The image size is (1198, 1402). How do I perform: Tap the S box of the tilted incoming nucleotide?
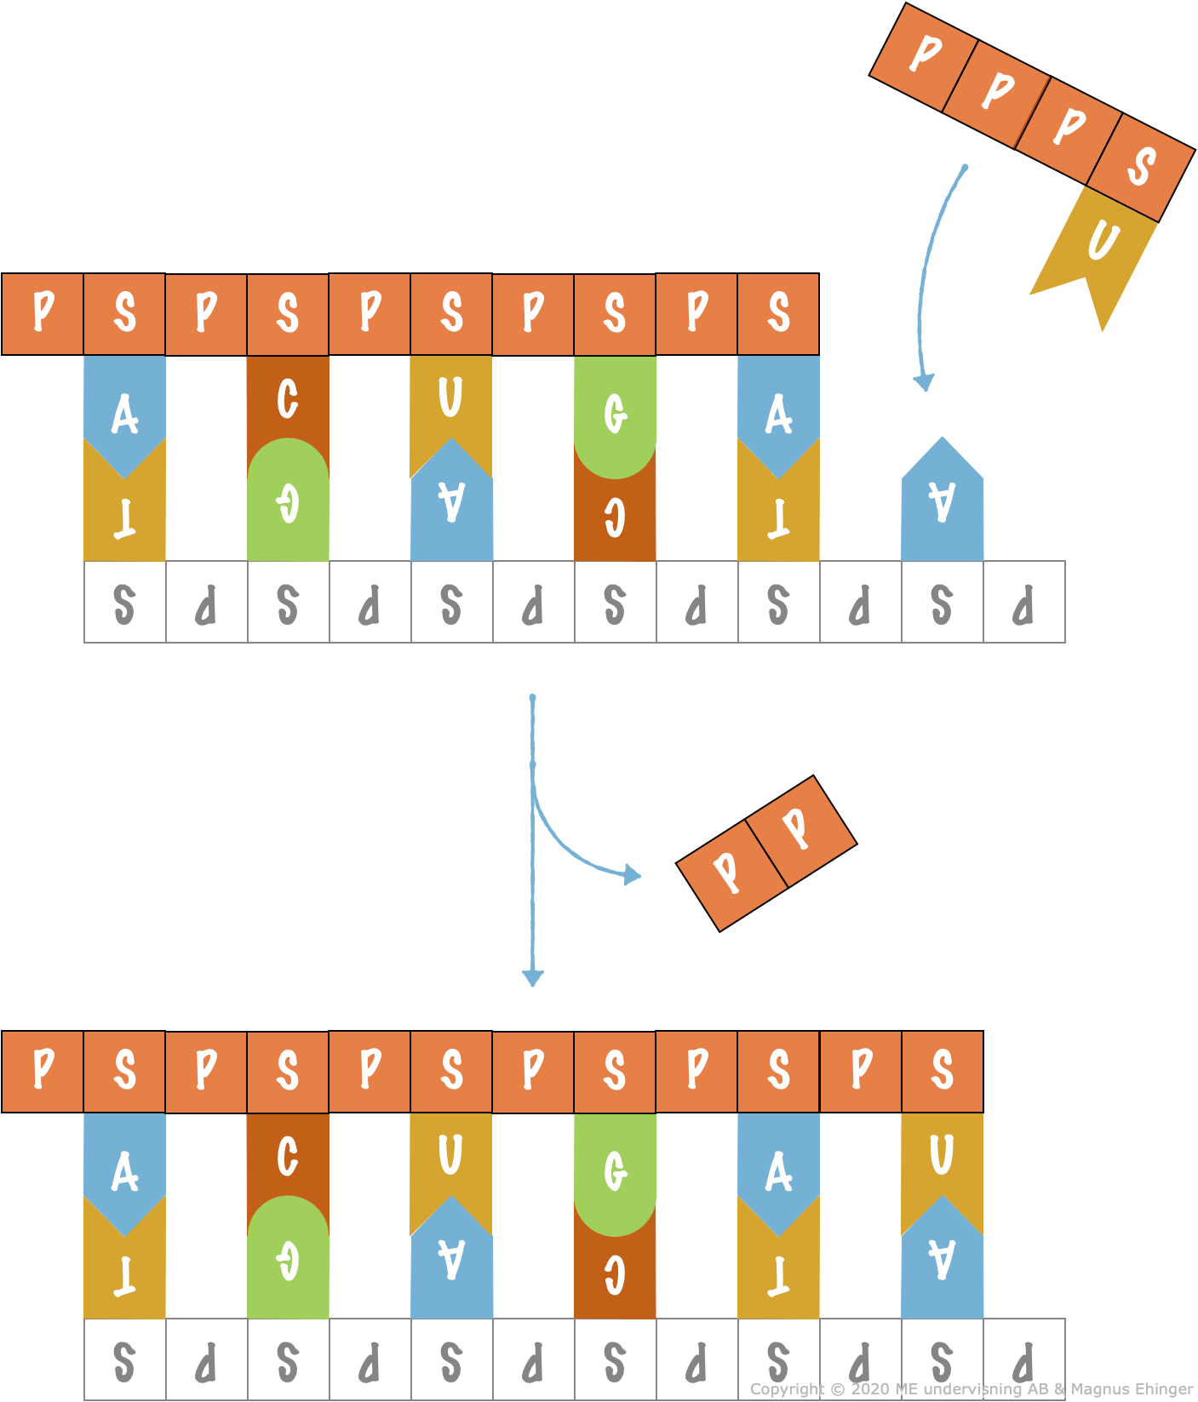point(1141,168)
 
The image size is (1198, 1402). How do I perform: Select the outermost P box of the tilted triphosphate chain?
point(924,57)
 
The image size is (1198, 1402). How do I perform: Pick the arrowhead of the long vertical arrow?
point(533,978)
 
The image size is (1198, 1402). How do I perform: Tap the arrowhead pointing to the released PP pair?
point(632,874)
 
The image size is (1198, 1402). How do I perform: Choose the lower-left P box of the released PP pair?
point(732,875)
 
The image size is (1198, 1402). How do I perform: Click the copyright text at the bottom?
point(971,1389)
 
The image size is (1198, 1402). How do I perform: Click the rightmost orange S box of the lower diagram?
point(943,1072)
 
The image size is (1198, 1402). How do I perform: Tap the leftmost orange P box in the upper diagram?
point(43,314)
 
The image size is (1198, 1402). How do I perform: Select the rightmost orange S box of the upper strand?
point(778,314)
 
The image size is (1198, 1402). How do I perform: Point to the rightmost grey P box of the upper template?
point(1024,602)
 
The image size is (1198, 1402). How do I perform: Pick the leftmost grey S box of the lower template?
point(125,1359)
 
